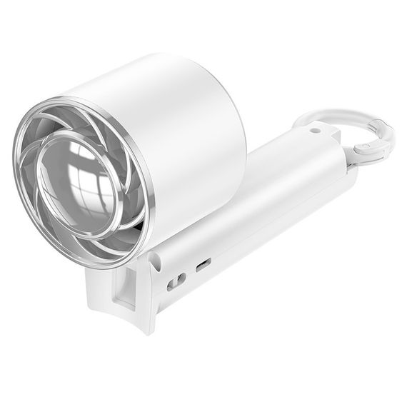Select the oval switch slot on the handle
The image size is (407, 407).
tap(176, 281)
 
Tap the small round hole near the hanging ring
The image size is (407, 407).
tap(315, 131)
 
